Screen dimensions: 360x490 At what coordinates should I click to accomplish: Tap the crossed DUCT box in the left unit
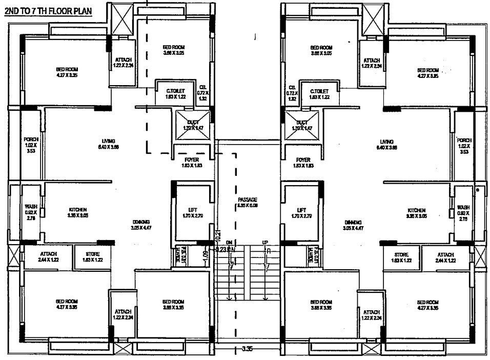point(193,125)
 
